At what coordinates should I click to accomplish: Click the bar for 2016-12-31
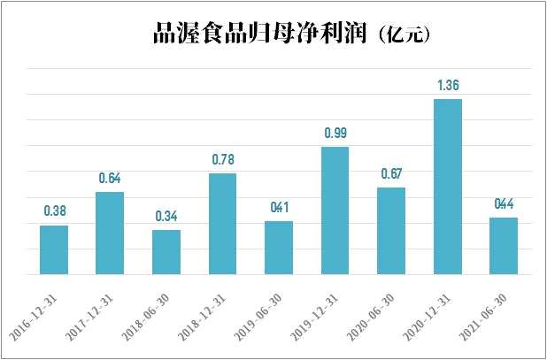click(54, 250)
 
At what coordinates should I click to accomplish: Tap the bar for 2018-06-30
click(166, 252)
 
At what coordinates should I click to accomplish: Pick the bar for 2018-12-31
click(222, 224)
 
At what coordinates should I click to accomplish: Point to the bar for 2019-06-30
click(279, 248)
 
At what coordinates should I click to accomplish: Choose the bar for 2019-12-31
click(335, 211)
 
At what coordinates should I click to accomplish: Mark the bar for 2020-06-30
click(391, 231)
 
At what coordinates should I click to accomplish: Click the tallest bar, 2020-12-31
click(447, 187)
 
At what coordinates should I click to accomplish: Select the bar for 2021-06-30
click(504, 246)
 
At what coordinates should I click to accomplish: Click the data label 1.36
click(448, 87)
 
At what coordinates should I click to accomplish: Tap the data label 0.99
click(335, 134)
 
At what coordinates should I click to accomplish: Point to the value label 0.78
click(222, 161)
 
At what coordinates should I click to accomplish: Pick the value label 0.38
click(54, 212)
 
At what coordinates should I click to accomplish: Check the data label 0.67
click(391, 174)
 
